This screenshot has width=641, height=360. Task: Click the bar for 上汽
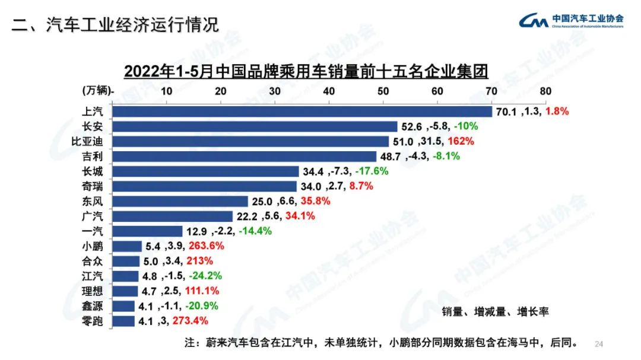coord(302,111)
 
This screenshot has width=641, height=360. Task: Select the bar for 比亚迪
coord(249,141)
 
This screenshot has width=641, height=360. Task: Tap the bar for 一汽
coord(147,231)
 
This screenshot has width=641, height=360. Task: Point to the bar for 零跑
coord(123,321)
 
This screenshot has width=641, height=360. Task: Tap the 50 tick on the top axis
coord(383,91)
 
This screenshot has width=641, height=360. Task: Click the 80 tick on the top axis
coord(545,91)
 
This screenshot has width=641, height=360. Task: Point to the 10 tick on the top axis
coord(166,91)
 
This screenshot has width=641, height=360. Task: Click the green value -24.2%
coord(206,276)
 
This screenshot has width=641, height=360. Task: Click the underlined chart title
coord(306,71)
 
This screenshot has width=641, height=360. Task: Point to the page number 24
coord(598,344)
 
